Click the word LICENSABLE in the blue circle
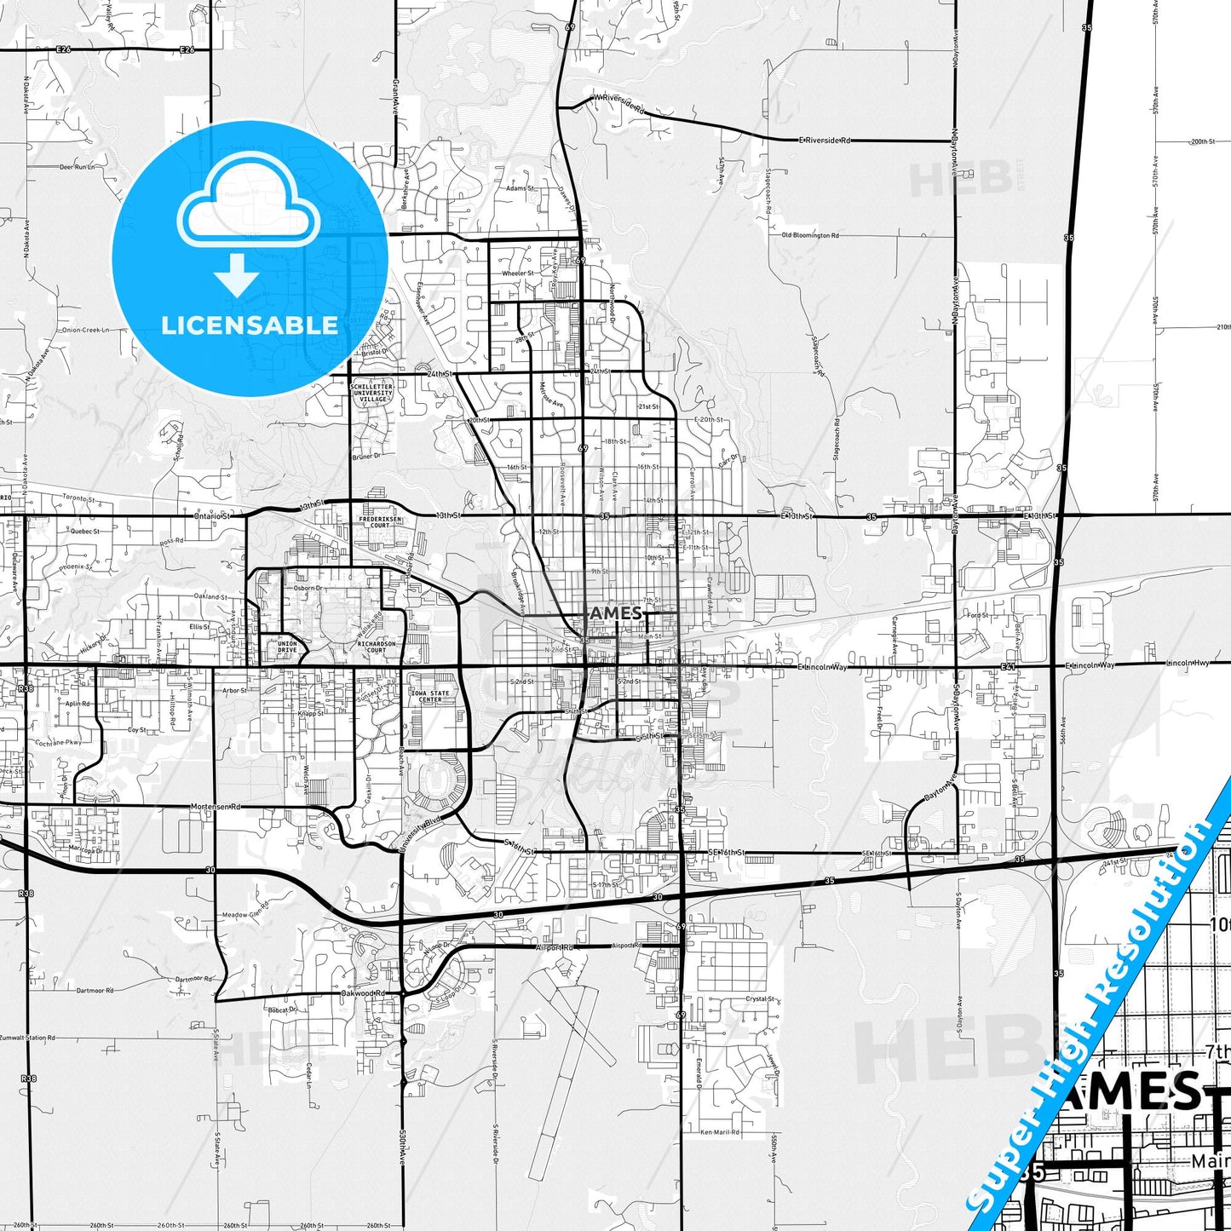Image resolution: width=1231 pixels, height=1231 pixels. (x=250, y=325)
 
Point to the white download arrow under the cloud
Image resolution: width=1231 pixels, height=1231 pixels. (x=237, y=274)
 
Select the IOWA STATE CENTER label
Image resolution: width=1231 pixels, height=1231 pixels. (x=430, y=696)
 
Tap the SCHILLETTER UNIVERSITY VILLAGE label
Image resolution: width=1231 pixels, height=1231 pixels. (x=372, y=393)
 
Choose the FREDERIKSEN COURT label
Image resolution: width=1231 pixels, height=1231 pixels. (x=380, y=521)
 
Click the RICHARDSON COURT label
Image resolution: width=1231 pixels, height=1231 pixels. (x=377, y=647)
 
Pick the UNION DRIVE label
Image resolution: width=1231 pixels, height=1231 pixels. (x=287, y=647)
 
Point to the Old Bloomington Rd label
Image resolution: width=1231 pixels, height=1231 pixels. (x=810, y=235)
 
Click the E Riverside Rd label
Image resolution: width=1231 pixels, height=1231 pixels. (x=825, y=140)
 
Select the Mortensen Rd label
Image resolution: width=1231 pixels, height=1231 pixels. (x=216, y=806)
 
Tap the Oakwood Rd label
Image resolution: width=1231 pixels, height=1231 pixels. (x=364, y=993)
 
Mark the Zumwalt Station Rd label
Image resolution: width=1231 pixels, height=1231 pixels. (x=27, y=1038)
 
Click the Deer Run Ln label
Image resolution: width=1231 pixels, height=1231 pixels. (x=77, y=168)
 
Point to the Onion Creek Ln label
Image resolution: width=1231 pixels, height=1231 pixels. (x=85, y=330)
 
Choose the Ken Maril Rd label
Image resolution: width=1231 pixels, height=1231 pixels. (x=720, y=1132)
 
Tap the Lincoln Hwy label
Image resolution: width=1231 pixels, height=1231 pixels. (x=1188, y=663)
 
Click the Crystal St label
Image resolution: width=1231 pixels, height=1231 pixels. (x=759, y=998)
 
